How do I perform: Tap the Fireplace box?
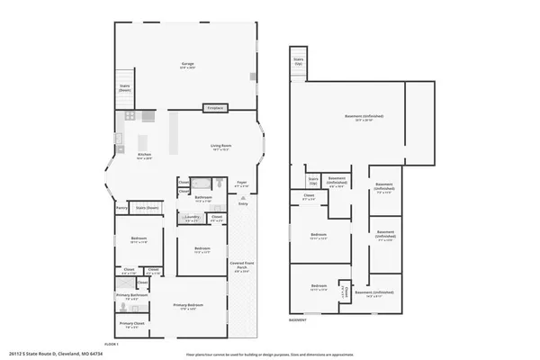215,107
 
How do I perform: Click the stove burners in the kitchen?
129,116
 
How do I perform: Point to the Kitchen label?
144,156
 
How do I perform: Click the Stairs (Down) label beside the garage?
125,88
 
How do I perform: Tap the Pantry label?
121,208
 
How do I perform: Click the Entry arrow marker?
242,202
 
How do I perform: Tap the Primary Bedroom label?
189,306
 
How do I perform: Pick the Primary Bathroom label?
131,295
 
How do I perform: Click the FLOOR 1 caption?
112,345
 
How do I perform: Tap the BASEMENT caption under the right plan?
297,320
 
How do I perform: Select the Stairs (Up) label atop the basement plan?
298,63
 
